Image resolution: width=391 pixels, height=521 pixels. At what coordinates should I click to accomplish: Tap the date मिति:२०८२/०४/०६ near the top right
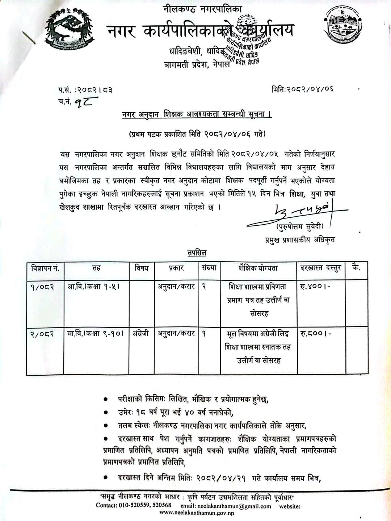coord(302,88)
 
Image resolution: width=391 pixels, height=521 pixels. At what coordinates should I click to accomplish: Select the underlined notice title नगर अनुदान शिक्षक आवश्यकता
coord(197,114)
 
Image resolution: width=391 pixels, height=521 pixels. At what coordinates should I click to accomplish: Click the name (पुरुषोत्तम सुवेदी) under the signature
coord(300,227)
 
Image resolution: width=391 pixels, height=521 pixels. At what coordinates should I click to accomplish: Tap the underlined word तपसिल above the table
coord(197,253)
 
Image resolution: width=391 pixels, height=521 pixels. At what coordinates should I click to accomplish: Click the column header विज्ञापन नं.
coord(45,268)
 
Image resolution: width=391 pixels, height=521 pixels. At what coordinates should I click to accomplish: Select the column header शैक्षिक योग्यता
coord(258,268)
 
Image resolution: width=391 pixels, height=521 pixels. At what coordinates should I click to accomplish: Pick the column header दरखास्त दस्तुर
coord(321,268)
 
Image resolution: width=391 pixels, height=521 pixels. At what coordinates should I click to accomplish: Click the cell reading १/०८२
coord(42,287)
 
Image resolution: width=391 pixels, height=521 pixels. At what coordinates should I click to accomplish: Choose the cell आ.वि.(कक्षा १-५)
coord(93,286)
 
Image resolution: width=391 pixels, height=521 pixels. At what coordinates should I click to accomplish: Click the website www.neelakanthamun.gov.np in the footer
coord(197,513)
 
